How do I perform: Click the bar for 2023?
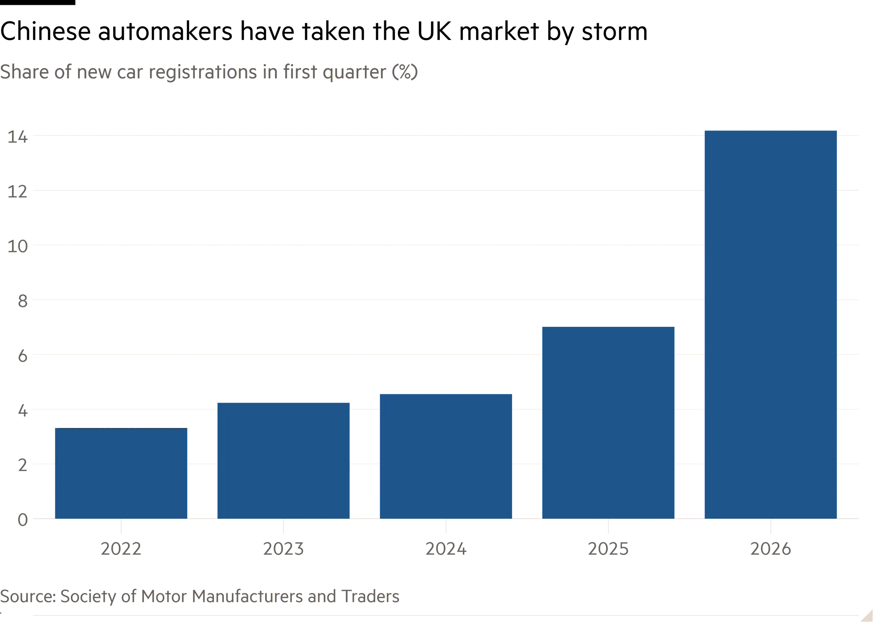tap(283, 460)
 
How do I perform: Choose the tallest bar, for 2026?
tap(771, 324)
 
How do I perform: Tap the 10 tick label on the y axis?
tap(17, 246)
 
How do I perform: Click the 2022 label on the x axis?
tap(121, 548)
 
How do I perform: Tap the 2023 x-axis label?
tap(283, 548)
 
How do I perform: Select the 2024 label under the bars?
tap(446, 548)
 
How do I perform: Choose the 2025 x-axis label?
tap(608, 548)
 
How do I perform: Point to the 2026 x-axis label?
tap(771, 548)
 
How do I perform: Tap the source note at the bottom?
tap(200, 597)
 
